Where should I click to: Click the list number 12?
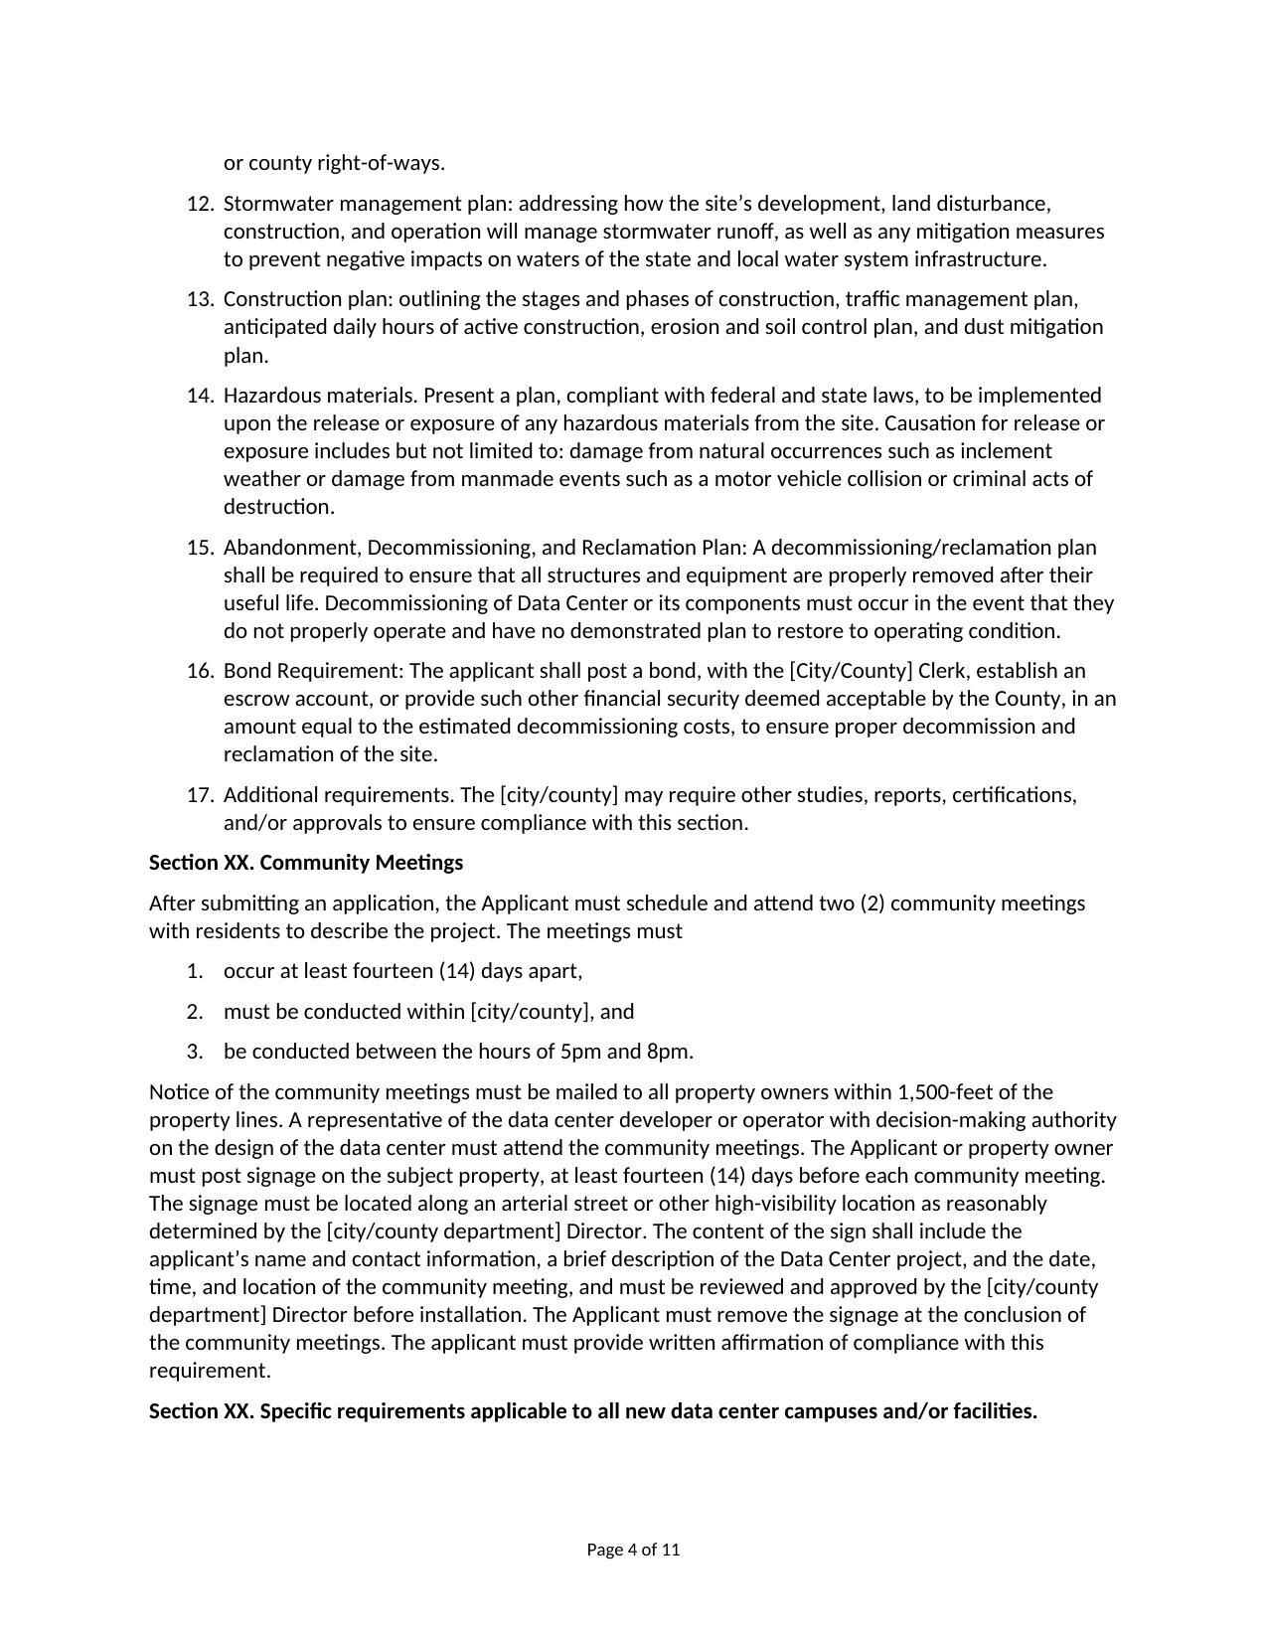coord(200,204)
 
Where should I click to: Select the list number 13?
coord(200,299)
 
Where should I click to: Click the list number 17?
coord(200,795)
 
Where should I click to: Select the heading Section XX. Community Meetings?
coord(306,863)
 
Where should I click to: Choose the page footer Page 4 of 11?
coord(633,1550)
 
